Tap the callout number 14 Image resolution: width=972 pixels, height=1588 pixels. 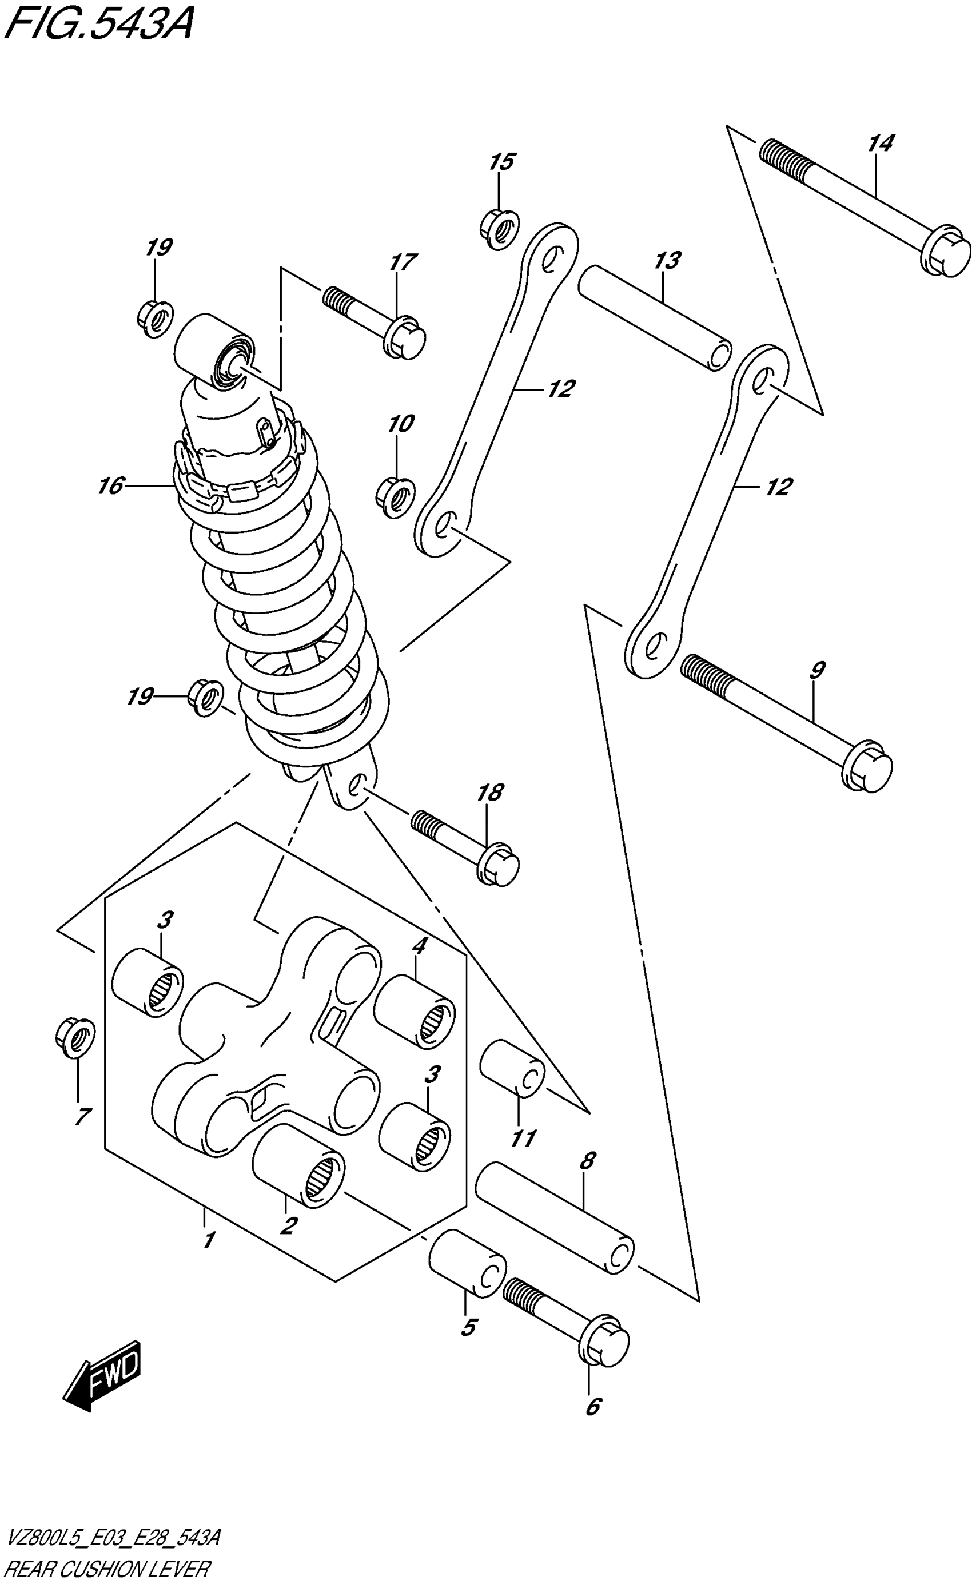pyautogui.click(x=880, y=143)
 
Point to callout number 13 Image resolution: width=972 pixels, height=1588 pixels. pyautogui.click(x=667, y=261)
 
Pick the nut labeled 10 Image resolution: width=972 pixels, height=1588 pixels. pyautogui.click(x=395, y=497)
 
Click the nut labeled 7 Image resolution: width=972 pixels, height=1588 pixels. pyautogui.click(x=75, y=1037)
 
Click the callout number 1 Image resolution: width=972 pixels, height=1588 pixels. pyautogui.click(x=208, y=1240)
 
